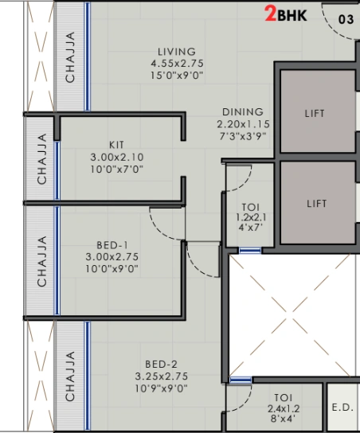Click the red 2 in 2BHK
tap(271, 14)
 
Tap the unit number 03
tap(346, 19)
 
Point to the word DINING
tap(242, 112)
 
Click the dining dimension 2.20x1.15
tap(242, 124)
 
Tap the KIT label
tap(117, 146)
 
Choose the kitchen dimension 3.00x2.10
tap(117, 158)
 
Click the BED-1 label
tap(112, 245)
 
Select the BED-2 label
tap(162, 365)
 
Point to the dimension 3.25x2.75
tap(162, 376)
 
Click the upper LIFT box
tap(315, 114)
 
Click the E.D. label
tap(342, 407)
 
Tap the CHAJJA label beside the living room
tap(70, 57)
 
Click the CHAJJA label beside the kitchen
tap(41, 159)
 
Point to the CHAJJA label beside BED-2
tap(70, 375)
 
